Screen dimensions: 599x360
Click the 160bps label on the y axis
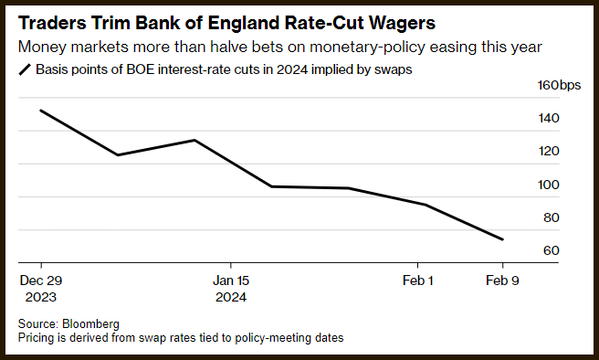(x=559, y=85)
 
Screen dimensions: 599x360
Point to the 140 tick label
(x=549, y=118)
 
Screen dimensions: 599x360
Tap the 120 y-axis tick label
(x=549, y=151)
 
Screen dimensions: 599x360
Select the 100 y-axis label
(x=549, y=185)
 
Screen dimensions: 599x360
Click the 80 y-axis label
(x=552, y=217)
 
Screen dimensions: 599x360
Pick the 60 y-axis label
(x=552, y=250)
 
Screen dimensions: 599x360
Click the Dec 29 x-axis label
(x=41, y=281)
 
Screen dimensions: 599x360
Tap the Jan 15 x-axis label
(x=231, y=281)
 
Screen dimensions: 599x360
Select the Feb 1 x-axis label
(x=418, y=281)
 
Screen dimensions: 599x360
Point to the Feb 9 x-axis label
(x=502, y=281)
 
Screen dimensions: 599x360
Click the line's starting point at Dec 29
(x=41, y=111)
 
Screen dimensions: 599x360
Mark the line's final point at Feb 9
(x=502, y=239)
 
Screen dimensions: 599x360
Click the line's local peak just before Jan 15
(x=194, y=141)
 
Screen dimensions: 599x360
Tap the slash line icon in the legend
(x=25, y=70)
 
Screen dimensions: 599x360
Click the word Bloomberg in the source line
(x=91, y=324)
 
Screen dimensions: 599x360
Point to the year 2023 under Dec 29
(x=41, y=297)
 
